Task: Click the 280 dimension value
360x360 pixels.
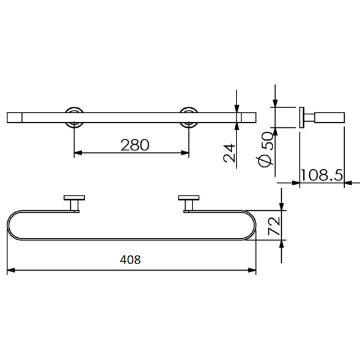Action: tap(134, 145)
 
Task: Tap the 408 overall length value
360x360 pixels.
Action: tap(130, 260)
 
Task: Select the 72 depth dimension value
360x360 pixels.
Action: tap(274, 226)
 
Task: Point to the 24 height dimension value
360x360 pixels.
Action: tap(229, 153)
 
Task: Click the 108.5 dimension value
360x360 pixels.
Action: tap(322, 175)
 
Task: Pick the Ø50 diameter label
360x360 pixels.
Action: tap(266, 149)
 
